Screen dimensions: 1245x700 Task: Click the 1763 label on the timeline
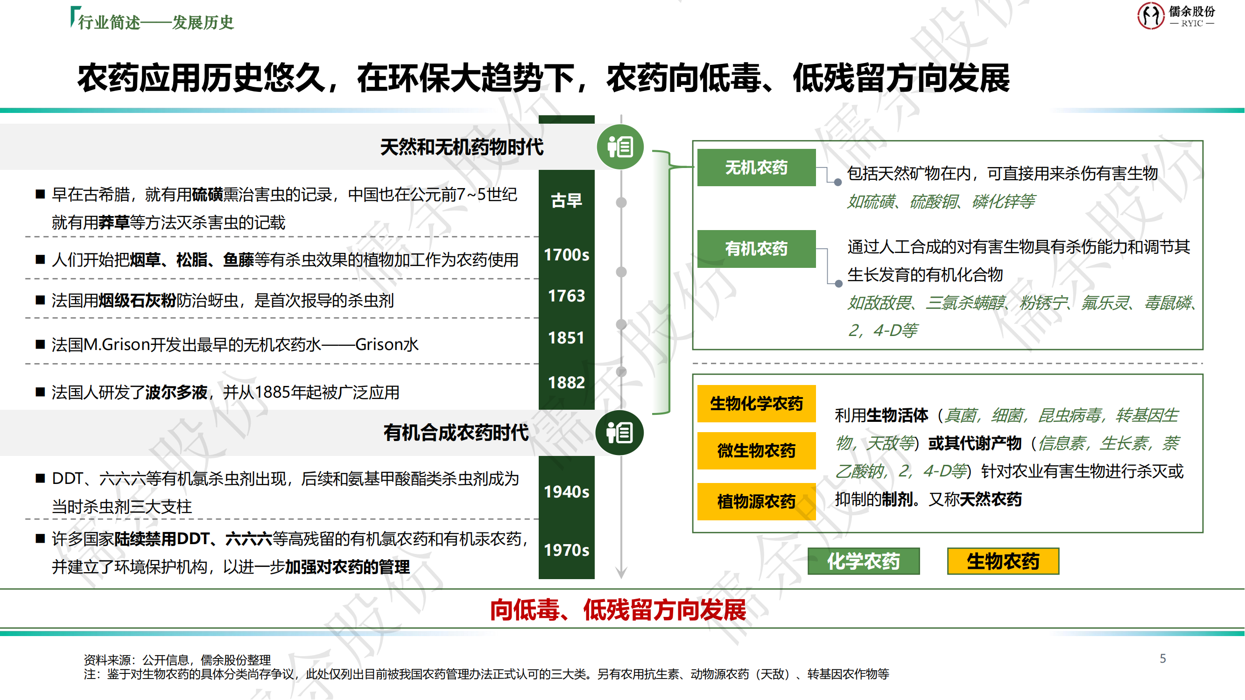coord(566,296)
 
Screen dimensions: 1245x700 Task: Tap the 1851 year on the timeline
coord(566,338)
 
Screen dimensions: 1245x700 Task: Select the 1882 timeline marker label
coord(566,383)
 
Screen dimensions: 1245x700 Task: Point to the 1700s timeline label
coord(566,255)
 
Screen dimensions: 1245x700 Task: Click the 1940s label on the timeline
coord(566,492)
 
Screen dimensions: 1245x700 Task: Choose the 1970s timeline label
coord(566,550)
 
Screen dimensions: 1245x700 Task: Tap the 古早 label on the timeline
coord(566,201)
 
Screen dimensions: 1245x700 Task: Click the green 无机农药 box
coord(756,168)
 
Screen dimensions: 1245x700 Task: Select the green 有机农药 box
coord(756,249)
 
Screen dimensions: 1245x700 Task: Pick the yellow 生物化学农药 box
coord(756,403)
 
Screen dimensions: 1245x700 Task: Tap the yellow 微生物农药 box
coord(756,451)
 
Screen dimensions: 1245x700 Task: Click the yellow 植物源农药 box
coord(756,502)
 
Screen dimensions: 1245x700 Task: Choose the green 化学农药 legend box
coord(864,561)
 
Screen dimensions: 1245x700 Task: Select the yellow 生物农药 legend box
coord(1003,561)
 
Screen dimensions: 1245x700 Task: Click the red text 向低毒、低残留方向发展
coord(618,609)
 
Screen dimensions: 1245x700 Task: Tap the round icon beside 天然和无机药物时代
coord(620,147)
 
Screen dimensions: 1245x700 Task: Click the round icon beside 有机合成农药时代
coord(619,433)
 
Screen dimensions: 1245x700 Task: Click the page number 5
coord(1163,658)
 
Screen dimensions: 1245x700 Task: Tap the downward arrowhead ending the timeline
coord(621,574)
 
